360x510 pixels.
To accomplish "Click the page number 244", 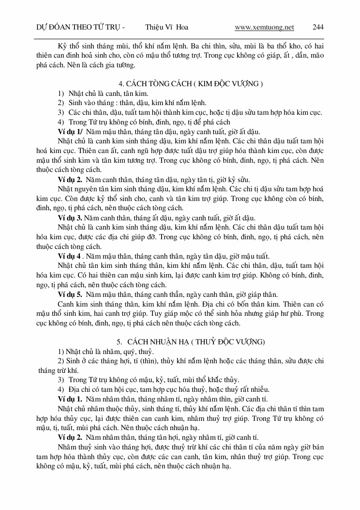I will click(x=318, y=27).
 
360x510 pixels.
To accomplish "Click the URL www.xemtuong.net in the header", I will click(x=264, y=27).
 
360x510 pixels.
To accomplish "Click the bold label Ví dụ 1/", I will click(x=71, y=132).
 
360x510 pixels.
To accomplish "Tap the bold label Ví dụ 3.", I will click(x=70, y=218).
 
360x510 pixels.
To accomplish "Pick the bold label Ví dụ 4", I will click(x=69, y=256).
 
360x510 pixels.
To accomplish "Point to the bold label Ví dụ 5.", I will click(x=70, y=294).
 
